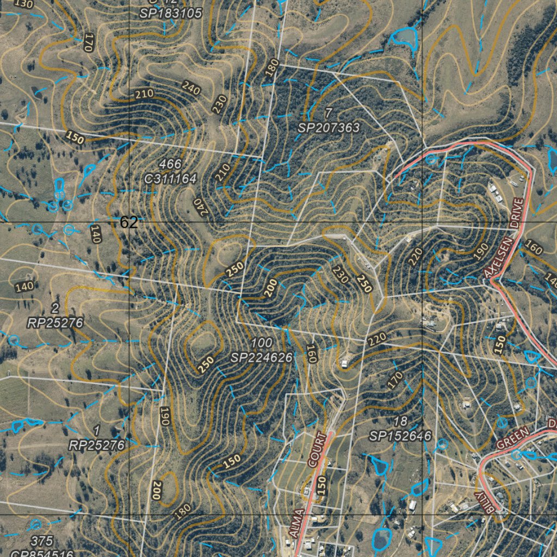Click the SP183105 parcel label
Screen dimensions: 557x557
pyautogui.click(x=171, y=13)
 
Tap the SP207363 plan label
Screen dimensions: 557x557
pyautogui.click(x=329, y=128)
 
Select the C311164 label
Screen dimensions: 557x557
pyautogui.click(x=171, y=178)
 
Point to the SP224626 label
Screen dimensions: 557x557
pyautogui.click(x=262, y=357)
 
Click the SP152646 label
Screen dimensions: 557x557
pyautogui.click(x=400, y=436)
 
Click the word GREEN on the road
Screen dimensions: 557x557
pyautogui.click(x=512, y=438)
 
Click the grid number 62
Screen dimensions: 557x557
pyautogui.click(x=129, y=222)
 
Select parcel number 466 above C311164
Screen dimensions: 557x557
pyautogui.click(x=171, y=164)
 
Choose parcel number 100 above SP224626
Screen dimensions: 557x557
pyautogui.click(x=262, y=343)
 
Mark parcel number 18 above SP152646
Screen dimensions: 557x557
pyautogui.click(x=400, y=422)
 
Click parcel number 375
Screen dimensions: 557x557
pyautogui.click(x=42, y=541)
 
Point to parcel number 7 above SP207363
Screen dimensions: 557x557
pyautogui.click(x=328, y=113)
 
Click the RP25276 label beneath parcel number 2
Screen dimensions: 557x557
pyautogui.click(x=55, y=323)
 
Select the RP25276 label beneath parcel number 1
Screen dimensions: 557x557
pyautogui.click(x=97, y=445)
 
